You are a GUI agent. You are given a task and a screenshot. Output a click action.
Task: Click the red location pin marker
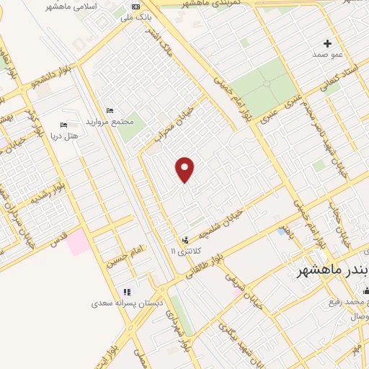tap(185, 169)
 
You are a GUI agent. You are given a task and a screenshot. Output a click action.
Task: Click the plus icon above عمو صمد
tap(328, 43)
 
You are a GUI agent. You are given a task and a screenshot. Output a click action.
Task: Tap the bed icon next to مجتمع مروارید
tap(110, 110)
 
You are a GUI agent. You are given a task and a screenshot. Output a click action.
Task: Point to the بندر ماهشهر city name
tap(332, 271)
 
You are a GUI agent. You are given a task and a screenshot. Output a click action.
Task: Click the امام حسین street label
tap(127, 255)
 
